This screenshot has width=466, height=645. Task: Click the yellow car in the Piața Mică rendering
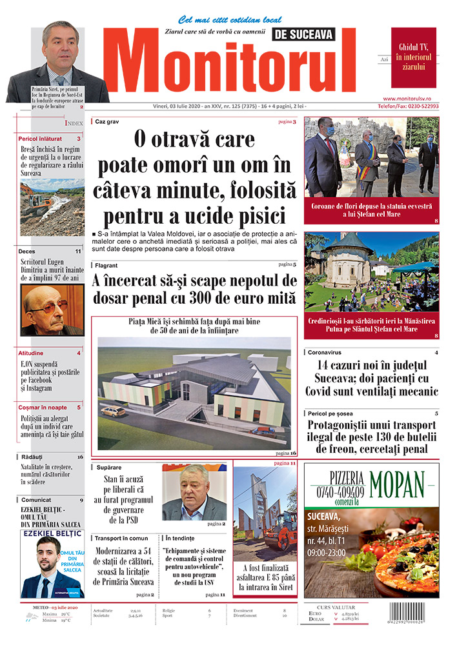(113, 411)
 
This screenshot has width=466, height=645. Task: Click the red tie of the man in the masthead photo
(60, 82)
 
